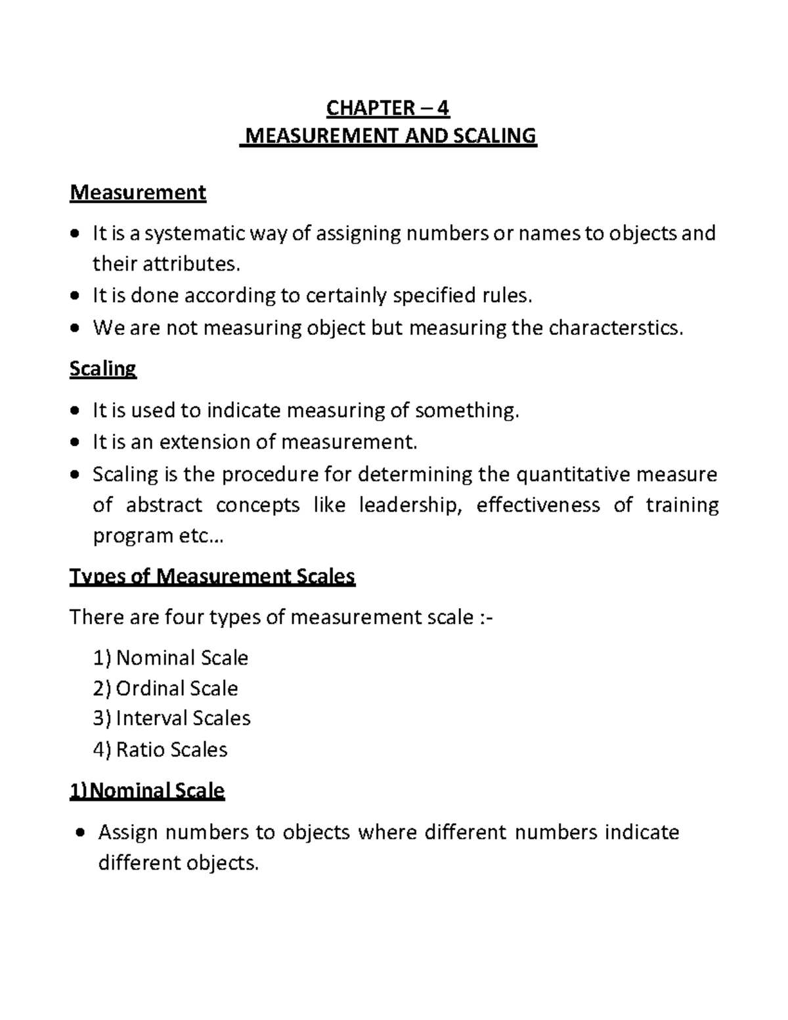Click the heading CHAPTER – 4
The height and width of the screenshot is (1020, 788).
click(x=388, y=107)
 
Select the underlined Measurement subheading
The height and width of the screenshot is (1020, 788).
click(x=138, y=192)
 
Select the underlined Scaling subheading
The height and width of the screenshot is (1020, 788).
click(x=102, y=368)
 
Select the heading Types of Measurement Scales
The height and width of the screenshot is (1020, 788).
click(x=212, y=577)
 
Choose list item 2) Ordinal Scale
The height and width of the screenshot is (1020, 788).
click(x=165, y=688)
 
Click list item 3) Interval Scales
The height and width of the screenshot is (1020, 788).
click(x=171, y=719)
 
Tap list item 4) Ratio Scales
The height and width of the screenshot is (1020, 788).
click(x=160, y=749)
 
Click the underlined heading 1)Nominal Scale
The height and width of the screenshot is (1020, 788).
click(x=147, y=790)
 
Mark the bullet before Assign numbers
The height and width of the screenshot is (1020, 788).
click(x=79, y=833)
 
